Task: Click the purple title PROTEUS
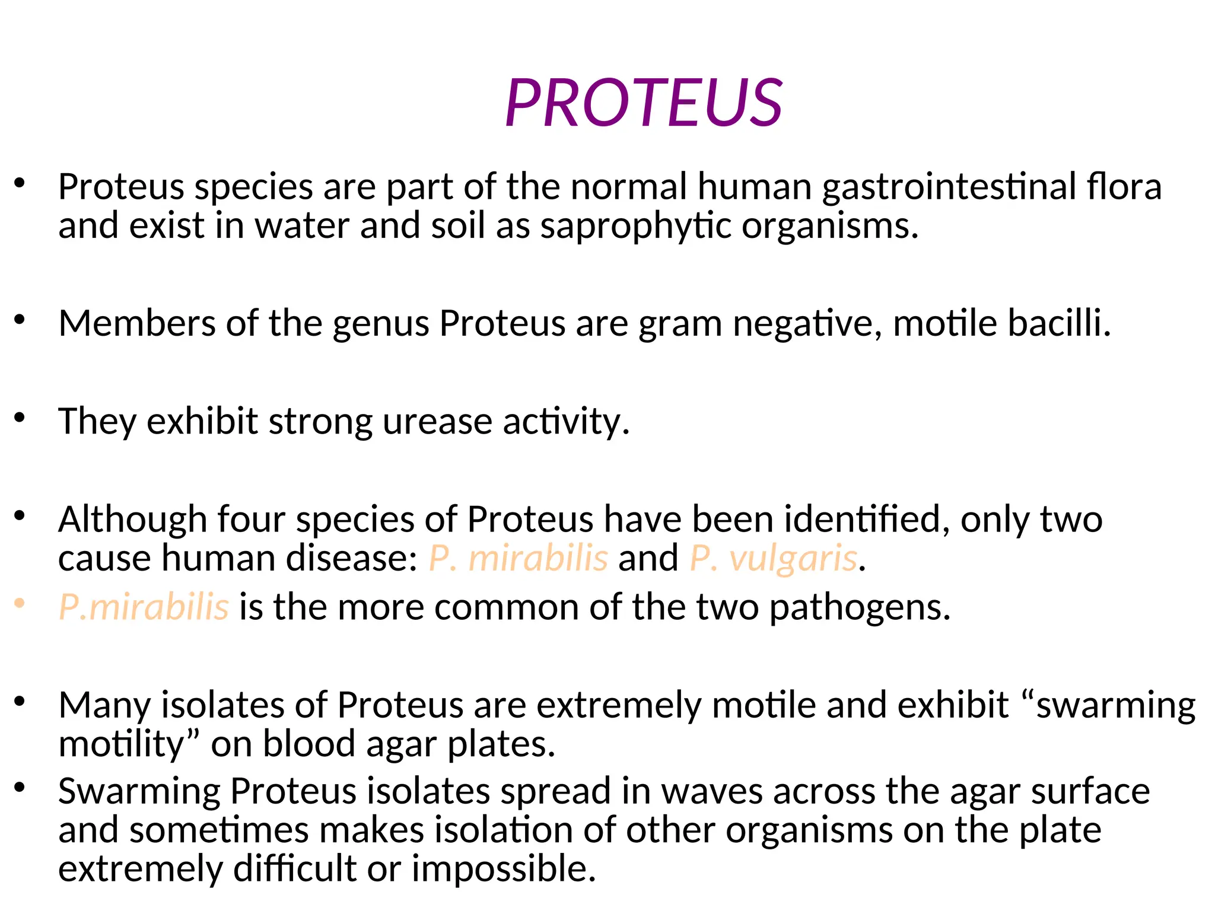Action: point(644,104)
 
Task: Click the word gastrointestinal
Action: point(949,187)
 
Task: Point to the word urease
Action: point(437,422)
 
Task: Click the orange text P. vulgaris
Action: point(774,559)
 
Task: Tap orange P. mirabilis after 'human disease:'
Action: point(518,559)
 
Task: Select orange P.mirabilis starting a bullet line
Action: point(144,608)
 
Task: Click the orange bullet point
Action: point(20,604)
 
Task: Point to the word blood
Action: point(308,744)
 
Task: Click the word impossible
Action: point(503,869)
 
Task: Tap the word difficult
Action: point(294,869)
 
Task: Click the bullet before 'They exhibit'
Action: point(20,418)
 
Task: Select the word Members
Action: point(137,324)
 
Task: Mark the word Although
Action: point(132,520)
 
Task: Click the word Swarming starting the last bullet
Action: point(139,792)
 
